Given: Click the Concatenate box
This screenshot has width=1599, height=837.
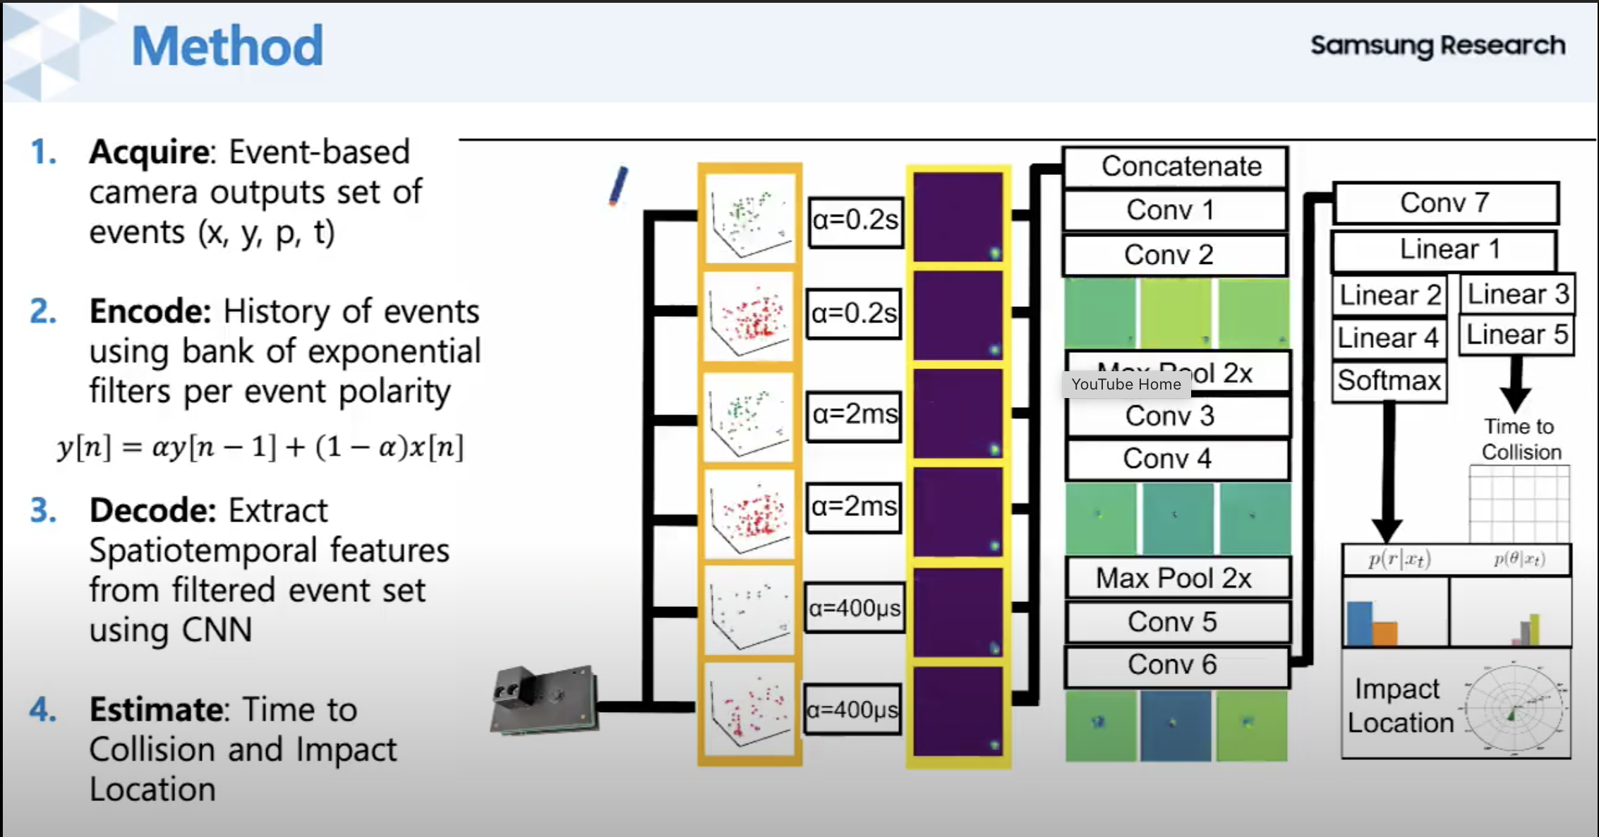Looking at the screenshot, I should pyautogui.click(x=1175, y=167).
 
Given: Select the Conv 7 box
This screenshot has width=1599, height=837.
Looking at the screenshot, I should pyautogui.click(x=1445, y=203).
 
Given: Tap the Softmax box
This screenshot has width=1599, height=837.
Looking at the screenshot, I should pyautogui.click(x=1389, y=381).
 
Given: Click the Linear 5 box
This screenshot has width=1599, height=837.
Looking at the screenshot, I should pyautogui.click(x=1516, y=335).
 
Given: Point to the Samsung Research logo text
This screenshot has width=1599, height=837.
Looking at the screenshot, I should pyautogui.click(x=1437, y=46).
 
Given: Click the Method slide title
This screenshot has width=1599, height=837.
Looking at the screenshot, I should pyautogui.click(x=227, y=47).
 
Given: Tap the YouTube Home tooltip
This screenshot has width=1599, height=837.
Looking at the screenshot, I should pyautogui.click(x=1126, y=385).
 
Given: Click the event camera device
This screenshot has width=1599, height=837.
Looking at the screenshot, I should pyautogui.click(x=543, y=700).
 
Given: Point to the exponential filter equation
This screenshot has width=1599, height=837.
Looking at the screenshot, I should pyautogui.click(x=260, y=447).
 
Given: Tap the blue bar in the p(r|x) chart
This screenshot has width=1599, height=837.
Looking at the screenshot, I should pyautogui.click(x=1359, y=623).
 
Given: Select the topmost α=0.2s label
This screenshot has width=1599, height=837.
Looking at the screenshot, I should pyautogui.click(x=855, y=221).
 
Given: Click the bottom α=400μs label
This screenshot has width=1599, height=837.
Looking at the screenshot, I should pyautogui.click(x=852, y=709).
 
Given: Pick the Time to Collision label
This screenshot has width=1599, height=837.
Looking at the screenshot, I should pyautogui.click(x=1520, y=439).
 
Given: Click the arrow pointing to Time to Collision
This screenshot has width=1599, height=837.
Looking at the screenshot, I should pyautogui.click(x=1515, y=385).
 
